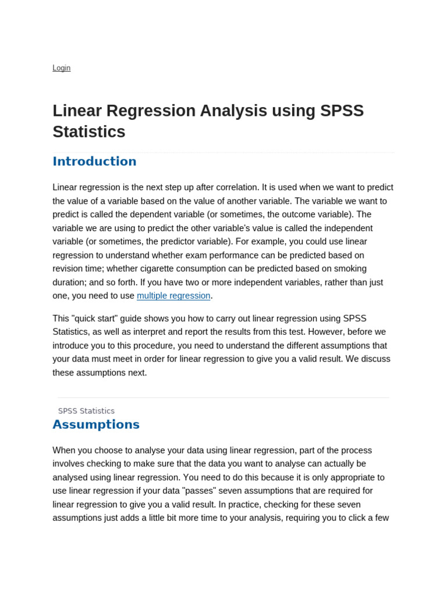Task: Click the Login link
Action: click(61, 68)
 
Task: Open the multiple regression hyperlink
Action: click(173, 296)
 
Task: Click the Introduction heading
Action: click(94, 161)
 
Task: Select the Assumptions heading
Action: click(96, 424)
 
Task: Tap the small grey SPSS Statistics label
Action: click(86, 411)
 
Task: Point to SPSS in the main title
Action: click(342, 111)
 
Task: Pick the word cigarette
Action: click(165, 269)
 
